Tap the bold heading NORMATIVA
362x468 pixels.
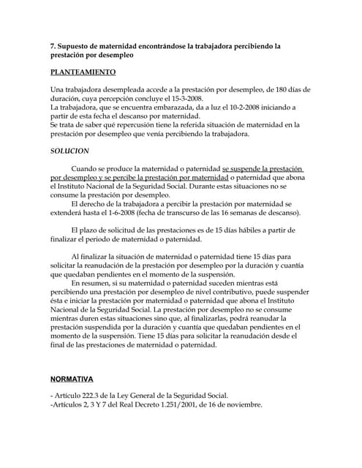72,380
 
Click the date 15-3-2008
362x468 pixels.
185,99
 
